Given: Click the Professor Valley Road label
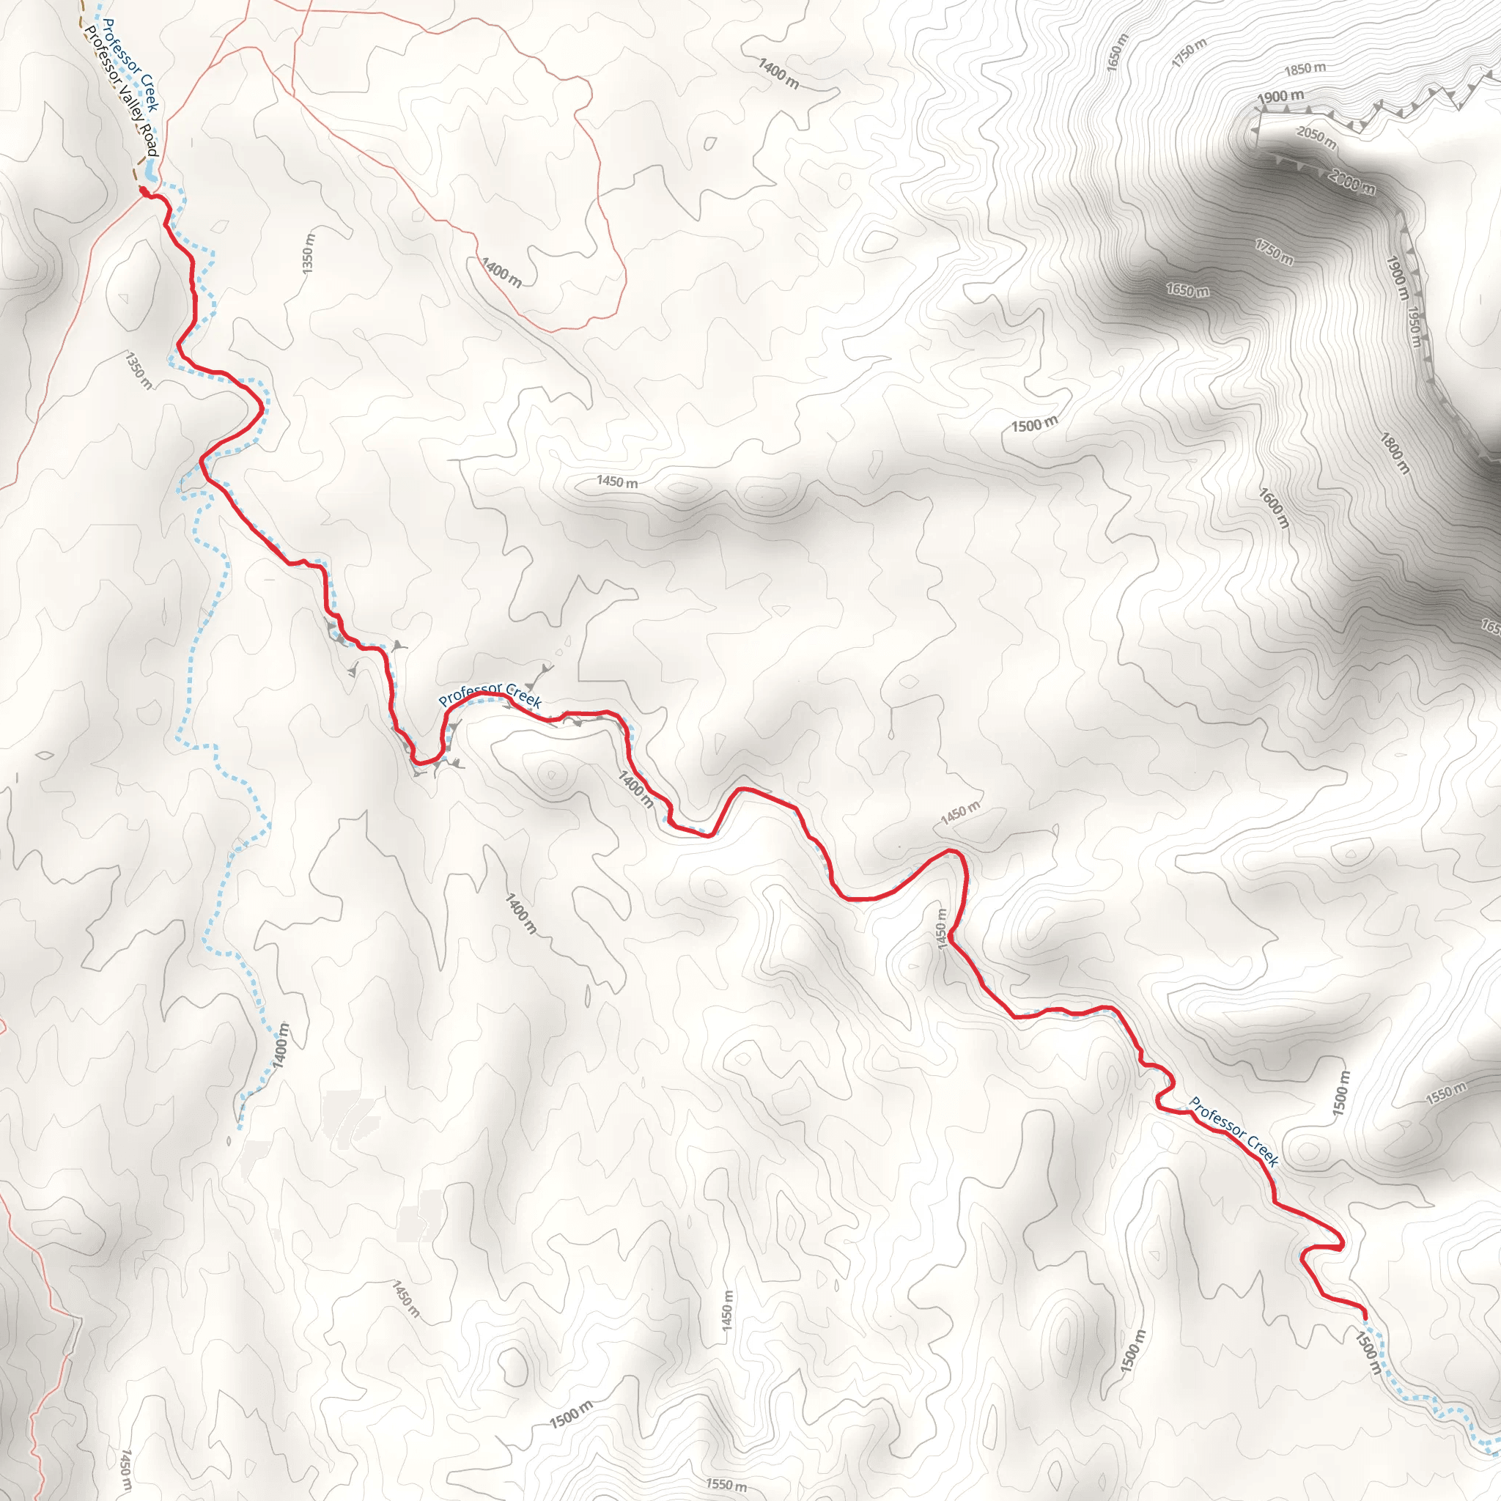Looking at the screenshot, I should coord(122,92).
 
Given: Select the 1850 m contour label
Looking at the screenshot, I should coord(1305,69).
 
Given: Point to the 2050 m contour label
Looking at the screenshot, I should coord(1316,138).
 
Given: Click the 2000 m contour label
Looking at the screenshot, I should coord(1351,182).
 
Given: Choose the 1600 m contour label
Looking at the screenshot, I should coord(1274,508).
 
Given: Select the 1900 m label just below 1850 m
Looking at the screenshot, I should coord(1281,97).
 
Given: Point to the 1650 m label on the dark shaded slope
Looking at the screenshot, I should coord(1187,290).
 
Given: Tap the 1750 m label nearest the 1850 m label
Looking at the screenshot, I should coord(1189,53).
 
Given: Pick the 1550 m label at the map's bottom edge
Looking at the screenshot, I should coord(726,1485).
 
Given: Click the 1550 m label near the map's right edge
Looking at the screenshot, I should coord(1446,1092).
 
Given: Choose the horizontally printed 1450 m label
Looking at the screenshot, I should coord(617,482).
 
